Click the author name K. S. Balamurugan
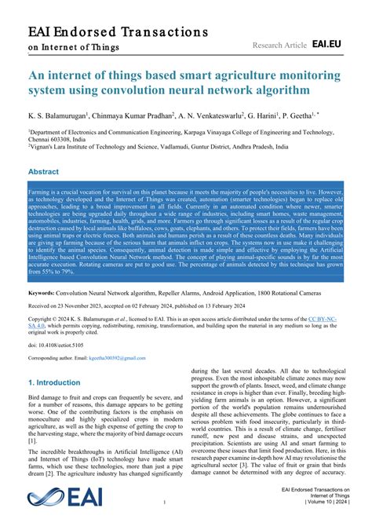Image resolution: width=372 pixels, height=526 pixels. (60, 115)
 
